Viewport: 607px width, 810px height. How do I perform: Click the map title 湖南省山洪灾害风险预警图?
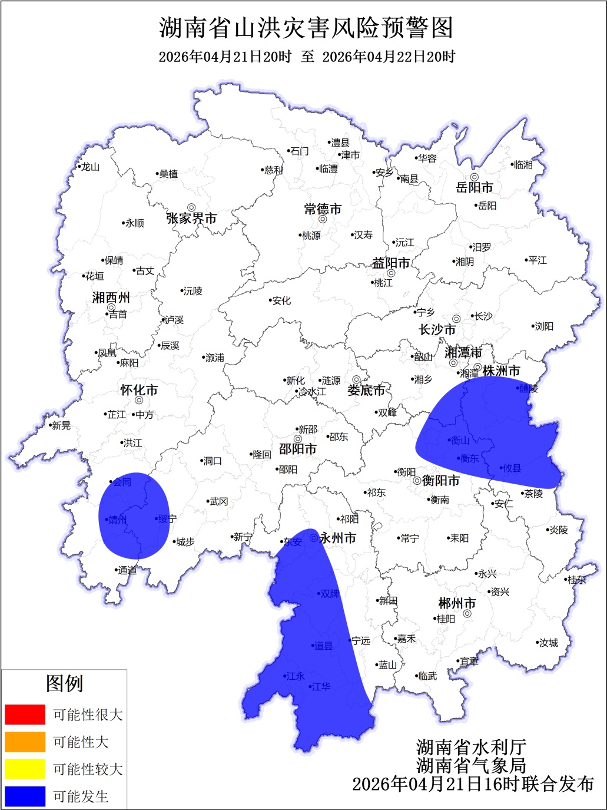click(306, 28)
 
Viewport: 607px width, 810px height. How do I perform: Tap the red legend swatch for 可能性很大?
click(25, 715)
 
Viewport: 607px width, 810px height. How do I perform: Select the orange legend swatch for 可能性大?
click(25, 742)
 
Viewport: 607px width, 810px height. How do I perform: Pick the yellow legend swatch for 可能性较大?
click(25, 769)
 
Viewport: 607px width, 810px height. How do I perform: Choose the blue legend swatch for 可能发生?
click(25, 796)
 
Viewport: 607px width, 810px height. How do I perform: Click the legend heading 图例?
click(64, 684)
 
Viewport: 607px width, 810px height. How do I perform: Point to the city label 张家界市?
click(191, 219)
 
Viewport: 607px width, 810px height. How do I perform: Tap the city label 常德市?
click(323, 209)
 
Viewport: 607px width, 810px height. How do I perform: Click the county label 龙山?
click(90, 167)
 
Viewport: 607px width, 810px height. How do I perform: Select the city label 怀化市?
click(139, 390)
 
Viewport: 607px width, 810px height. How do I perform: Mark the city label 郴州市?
click(457, 603)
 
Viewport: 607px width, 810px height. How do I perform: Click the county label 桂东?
click(576, 580)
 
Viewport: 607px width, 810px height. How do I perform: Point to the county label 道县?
click(323, 646)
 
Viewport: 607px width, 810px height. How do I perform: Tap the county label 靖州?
click(118, 520)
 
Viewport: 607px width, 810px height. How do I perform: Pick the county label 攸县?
click(512, 468)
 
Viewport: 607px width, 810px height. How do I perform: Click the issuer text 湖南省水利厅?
click(471, 747)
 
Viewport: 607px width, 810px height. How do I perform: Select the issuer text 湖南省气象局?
click(471, 765)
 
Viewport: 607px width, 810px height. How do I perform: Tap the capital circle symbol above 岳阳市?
click(474, 177)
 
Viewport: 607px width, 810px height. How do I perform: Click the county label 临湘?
click(523, 165)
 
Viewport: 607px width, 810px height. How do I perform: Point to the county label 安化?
click(281, 300)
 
